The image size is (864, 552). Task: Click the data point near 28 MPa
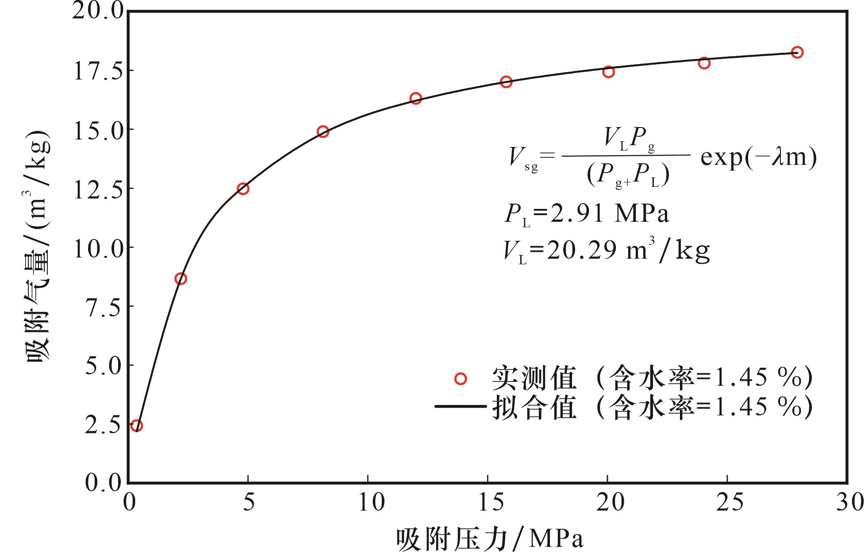click(x=797, y=53)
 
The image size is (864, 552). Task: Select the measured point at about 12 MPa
click(x=415, y=98)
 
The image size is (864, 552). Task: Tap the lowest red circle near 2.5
click(x=137, y=425)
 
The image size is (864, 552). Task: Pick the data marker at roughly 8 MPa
click(x=323, y=131)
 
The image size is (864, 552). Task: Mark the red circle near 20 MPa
click(x=608, y=72)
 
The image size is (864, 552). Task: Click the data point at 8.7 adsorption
click(x=180, y=278)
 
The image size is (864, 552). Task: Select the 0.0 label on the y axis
click(x=102, y=483)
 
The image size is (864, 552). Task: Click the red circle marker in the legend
click(x=461, y=379)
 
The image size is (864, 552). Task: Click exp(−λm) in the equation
click(x=758, y=157)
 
